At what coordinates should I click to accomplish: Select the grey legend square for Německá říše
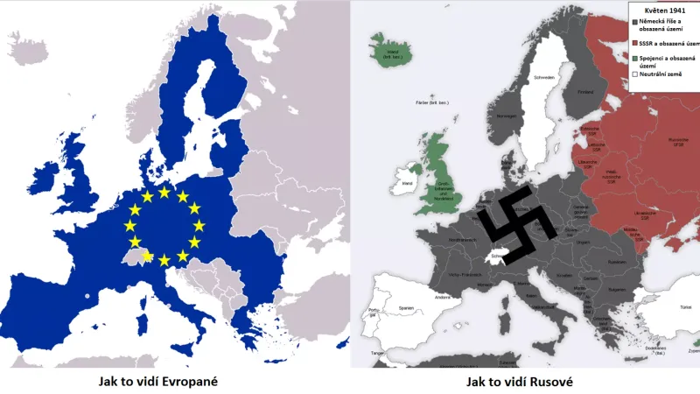point(633,20)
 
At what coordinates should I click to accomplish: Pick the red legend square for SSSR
point(633,43)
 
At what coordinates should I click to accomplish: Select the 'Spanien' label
point(406,308)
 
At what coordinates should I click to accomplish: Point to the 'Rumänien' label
point(617,262)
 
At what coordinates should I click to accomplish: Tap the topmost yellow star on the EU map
point(164,192)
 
